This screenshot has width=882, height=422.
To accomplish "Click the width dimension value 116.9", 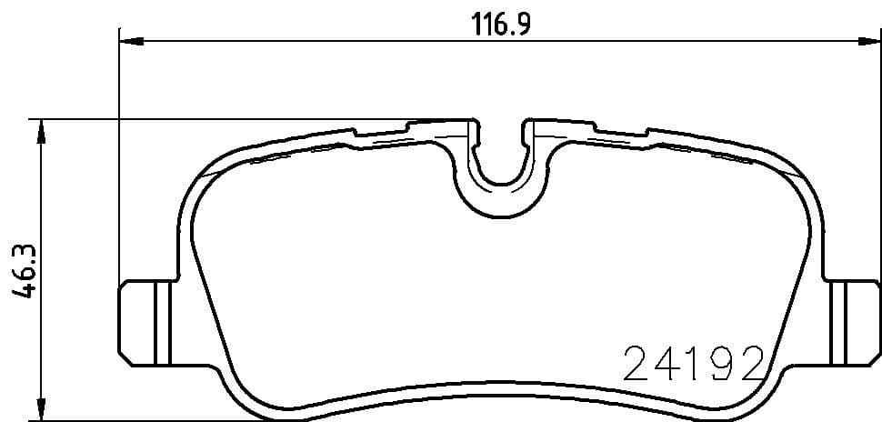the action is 501,25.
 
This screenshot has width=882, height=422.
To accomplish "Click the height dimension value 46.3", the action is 25,271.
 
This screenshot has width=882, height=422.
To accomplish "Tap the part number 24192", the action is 694,363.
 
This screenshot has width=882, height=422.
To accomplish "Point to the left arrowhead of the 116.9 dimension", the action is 132,41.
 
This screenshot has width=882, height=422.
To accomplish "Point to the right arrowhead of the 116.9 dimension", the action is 869,41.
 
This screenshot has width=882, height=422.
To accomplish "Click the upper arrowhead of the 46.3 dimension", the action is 41,131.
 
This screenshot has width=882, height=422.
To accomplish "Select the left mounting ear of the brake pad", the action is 145,322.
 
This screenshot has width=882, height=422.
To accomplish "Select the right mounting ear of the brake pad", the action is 853,322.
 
